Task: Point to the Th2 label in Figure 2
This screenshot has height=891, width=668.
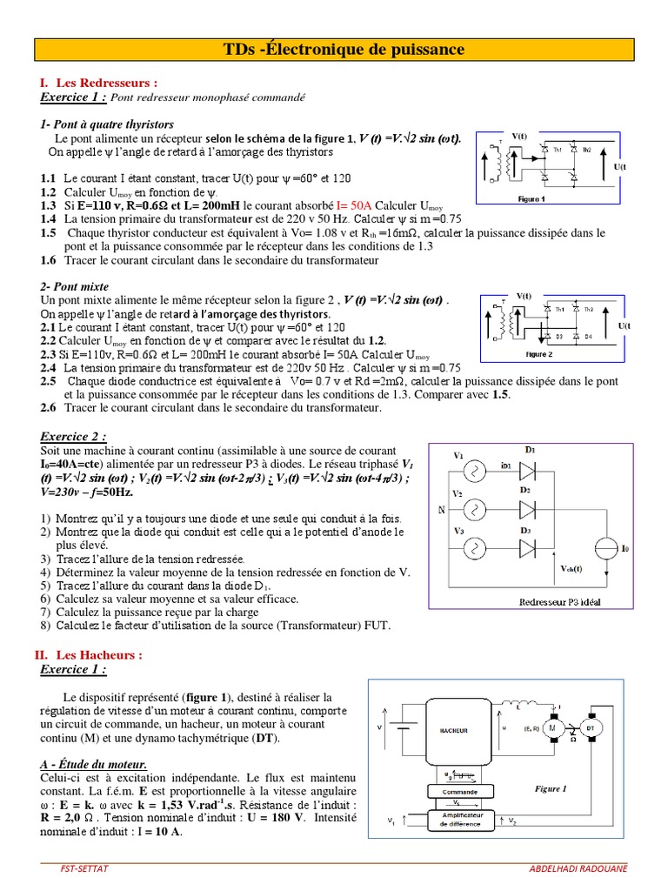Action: pyautogui.click(x=589, y=309)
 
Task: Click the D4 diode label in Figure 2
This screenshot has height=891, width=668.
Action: pyautogui.click(x=588, y=336)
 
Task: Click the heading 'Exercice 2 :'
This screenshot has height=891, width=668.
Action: pyautogui.click(x=74, y=436)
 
